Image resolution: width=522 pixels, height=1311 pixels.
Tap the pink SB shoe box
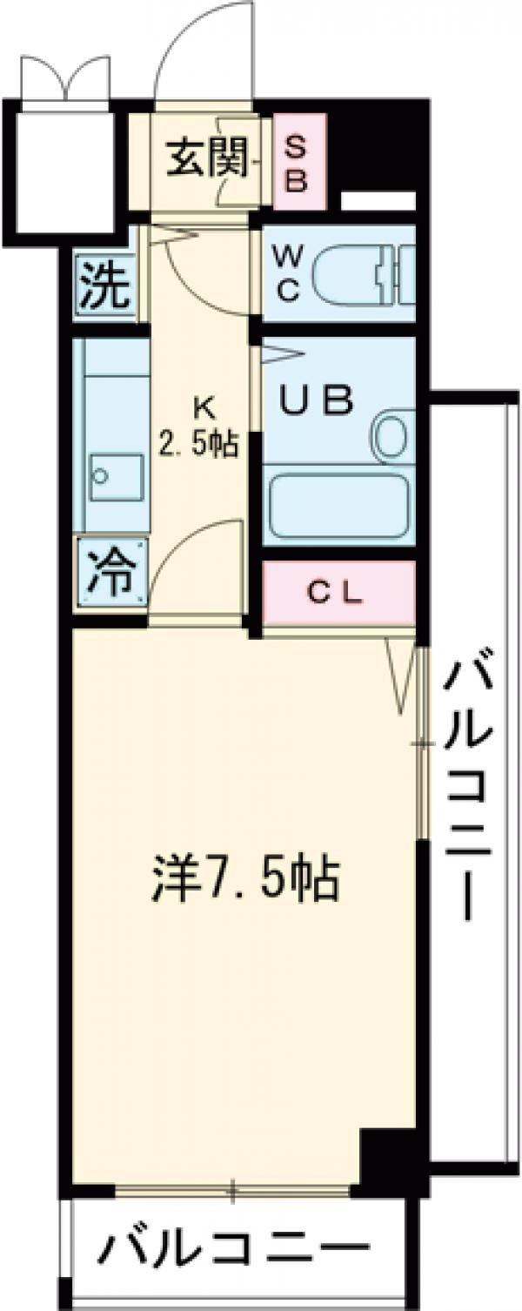pyautogui.click(x=298, y=163)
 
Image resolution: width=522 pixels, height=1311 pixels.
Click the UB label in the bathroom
pyautogui.click(x=316, y=400)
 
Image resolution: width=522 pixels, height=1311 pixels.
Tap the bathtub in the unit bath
pyautogui.click(x=338, y=506)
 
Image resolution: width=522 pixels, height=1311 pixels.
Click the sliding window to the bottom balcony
pyautogui.click(x=233, y=1189)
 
